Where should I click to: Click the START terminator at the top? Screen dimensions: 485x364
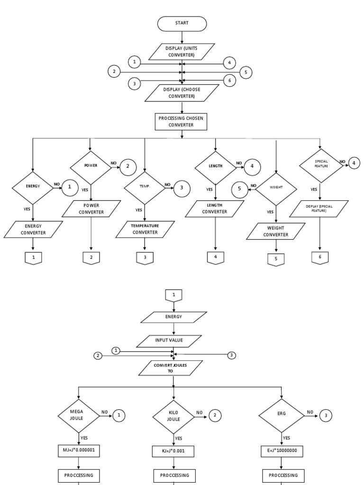coord(182,24)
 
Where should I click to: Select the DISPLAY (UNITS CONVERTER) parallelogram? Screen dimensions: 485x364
coord(182,52)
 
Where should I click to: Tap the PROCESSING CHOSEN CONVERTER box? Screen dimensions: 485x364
coord(182,122)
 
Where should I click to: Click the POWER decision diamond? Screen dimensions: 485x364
coord(91,167)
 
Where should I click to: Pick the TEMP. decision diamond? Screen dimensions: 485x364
coord(145,187)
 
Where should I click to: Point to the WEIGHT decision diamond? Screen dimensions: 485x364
coord(276,189)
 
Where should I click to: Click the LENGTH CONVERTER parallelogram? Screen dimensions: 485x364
coord(215,208)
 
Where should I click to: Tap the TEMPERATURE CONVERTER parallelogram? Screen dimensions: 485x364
coord(145,229)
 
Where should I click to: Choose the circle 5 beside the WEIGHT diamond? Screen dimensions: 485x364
coord(239,189)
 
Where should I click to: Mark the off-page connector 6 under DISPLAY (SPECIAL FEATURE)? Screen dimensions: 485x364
coord(320,257)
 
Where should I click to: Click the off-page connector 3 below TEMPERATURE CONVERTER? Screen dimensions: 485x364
coord(145,258)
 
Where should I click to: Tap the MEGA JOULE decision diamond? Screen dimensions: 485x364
coord(79,415)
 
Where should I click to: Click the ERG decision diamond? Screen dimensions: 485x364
coord(282,415)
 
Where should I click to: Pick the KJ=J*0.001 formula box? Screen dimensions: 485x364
coord(174,450)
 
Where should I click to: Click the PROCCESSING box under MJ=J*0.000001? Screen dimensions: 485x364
coord(79,475)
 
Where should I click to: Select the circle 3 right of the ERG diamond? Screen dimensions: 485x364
coord(325,415)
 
